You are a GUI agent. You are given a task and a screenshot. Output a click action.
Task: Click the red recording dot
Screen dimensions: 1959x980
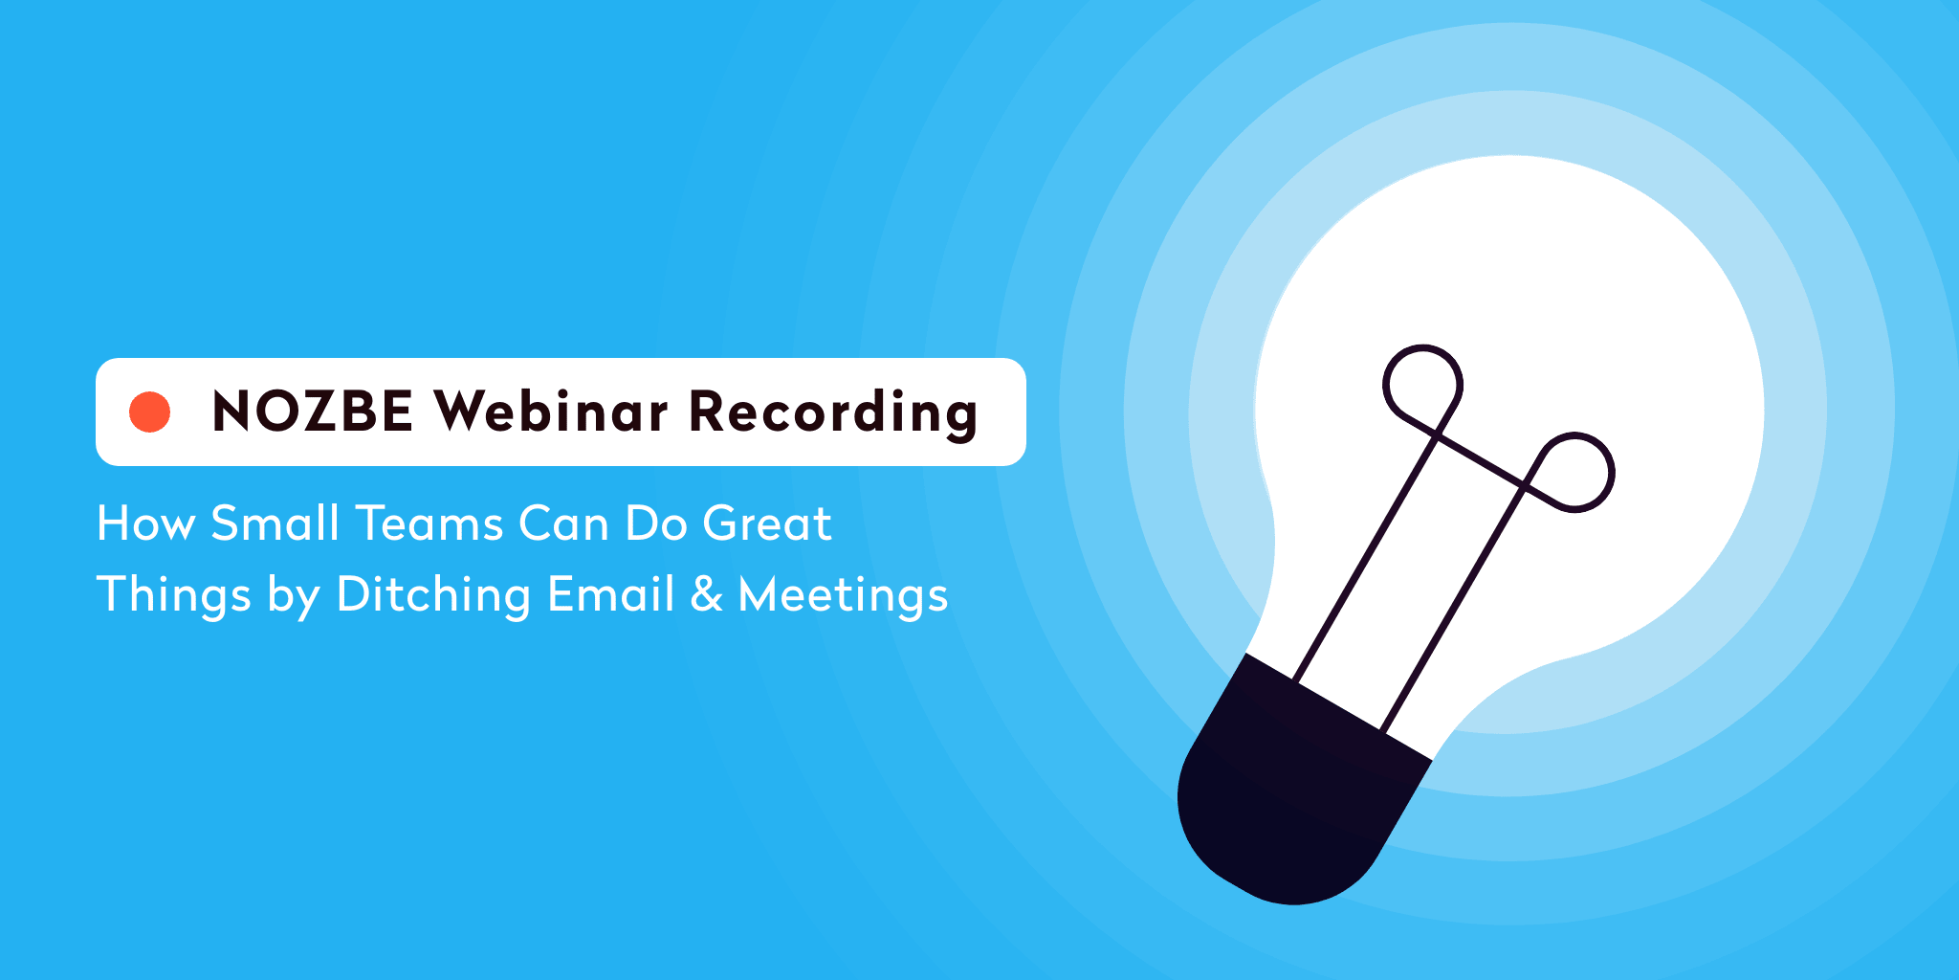(150, 412)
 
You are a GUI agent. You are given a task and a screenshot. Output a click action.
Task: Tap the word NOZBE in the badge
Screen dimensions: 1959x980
(313, 412)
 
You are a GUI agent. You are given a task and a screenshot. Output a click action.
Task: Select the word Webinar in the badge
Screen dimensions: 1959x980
(551, 411)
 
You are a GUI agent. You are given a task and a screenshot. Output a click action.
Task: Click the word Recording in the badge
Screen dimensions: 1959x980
(833, 413)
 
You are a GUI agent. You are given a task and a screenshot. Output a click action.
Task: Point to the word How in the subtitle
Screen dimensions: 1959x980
(145, 523)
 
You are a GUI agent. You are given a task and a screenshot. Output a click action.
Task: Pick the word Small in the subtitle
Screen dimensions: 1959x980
(275, 523)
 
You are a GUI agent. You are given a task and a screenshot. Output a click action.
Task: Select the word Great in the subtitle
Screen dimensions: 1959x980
(767, 523)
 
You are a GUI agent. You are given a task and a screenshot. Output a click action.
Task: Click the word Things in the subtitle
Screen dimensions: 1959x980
(174, 595)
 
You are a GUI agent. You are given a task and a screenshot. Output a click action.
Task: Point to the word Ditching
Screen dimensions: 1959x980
(433, 595)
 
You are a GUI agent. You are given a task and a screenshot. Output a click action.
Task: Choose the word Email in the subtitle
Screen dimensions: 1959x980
(611, 593)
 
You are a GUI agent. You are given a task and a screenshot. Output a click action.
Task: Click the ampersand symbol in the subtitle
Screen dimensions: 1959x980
(706, 594)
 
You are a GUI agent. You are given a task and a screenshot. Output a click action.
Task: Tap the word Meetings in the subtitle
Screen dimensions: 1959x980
(843, 595)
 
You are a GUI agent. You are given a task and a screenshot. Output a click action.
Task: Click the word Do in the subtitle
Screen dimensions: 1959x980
(656, 523)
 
